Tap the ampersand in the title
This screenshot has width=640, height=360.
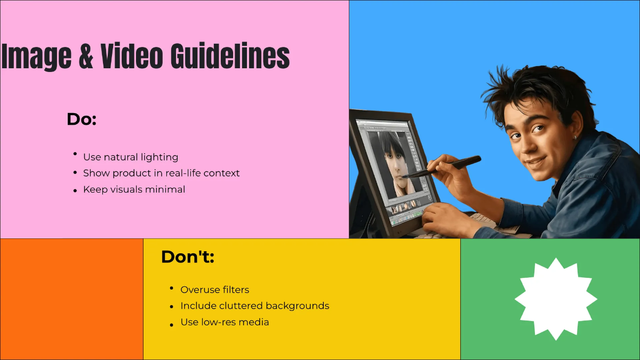pos(86,56)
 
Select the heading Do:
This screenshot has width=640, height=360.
pos(81,119)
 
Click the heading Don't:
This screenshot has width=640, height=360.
pos(187,257)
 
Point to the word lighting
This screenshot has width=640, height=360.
pos(159,157)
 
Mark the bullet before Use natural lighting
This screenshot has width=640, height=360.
pos(75,154)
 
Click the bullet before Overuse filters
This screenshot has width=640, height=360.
pos(172,288)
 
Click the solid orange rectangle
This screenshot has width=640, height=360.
pos(71,299)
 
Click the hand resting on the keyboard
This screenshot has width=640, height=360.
pos(445,218)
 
